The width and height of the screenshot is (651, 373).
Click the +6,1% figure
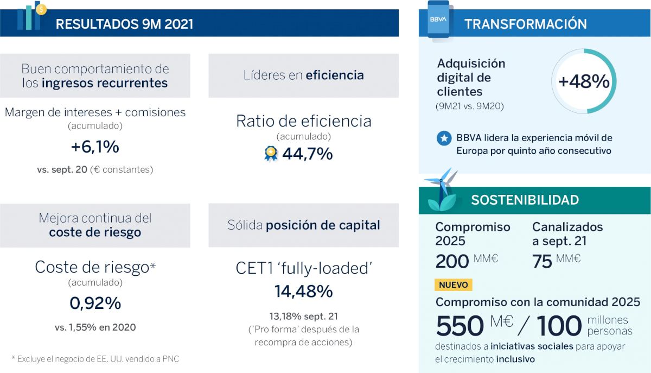coord(95,147)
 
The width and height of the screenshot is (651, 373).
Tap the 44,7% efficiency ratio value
coord(307,154)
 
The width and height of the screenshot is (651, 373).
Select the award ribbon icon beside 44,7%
coord(271,154)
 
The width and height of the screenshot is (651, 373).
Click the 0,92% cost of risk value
coord(95,304)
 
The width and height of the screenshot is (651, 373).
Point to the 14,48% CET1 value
coord(303,292)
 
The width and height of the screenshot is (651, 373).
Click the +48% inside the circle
coord(584,81)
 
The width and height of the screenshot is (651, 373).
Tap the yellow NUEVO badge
coord(454,285)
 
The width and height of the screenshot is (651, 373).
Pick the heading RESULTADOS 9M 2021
coord(124,24)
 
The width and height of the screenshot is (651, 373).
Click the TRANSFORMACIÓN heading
coord(525,24)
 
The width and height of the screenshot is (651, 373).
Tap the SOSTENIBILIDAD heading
coord(525,200)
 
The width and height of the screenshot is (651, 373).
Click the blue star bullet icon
coord(444,138)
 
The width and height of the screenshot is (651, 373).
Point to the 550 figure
coord(459,326)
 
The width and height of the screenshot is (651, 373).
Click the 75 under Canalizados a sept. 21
coord(542,261)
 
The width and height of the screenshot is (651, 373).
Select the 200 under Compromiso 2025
coord(452,261)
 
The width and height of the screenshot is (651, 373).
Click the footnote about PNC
coord(95,359)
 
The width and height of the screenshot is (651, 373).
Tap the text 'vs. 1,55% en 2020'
coord(95,327)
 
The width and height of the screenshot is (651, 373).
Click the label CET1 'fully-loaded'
coord(303,268)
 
